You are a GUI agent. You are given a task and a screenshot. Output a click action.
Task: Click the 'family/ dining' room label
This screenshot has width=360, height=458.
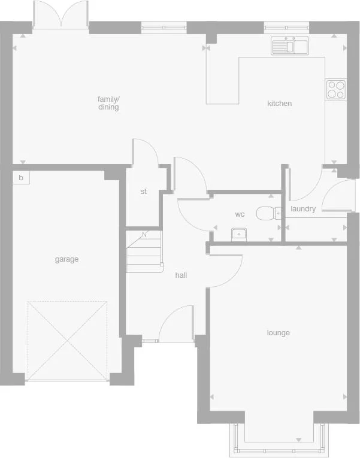[108, 103]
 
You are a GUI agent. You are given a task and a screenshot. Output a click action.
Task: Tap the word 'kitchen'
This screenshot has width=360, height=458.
[279, 104]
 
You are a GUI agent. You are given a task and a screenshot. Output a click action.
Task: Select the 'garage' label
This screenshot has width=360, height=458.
[66, 259]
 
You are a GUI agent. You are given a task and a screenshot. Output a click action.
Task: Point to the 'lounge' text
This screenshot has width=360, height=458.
[279, 333]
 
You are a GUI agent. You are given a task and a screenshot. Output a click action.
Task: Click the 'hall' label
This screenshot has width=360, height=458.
[181, 275]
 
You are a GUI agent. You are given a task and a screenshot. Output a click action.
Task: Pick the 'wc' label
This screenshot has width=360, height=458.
[240, 214]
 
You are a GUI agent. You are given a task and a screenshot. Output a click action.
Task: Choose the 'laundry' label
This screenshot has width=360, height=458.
[303, 209]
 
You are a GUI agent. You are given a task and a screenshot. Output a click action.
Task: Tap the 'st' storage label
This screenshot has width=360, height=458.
[144, 192]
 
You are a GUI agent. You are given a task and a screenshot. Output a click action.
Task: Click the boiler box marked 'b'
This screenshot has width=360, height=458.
[21, 178]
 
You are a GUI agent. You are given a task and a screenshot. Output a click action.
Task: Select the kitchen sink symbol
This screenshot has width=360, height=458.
[289, 46]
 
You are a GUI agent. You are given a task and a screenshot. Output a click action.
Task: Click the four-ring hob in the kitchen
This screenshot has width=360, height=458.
[336, 89]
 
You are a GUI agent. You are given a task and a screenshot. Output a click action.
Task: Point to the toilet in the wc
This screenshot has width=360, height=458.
[269, 213]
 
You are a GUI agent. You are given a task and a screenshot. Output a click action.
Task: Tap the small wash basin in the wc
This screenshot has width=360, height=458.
[239, 233]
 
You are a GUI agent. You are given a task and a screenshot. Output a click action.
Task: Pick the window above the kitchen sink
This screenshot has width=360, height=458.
[286, 26]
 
